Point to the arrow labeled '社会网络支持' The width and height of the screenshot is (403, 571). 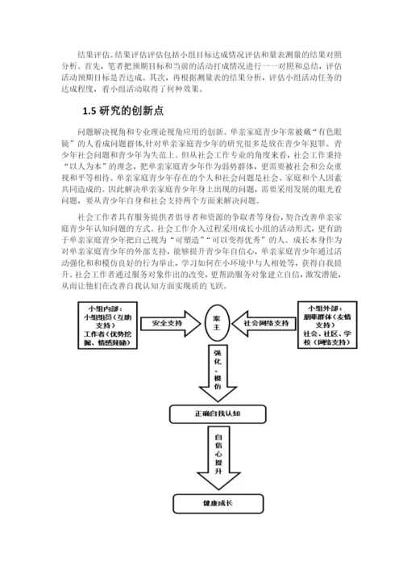[x=265, y=323]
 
